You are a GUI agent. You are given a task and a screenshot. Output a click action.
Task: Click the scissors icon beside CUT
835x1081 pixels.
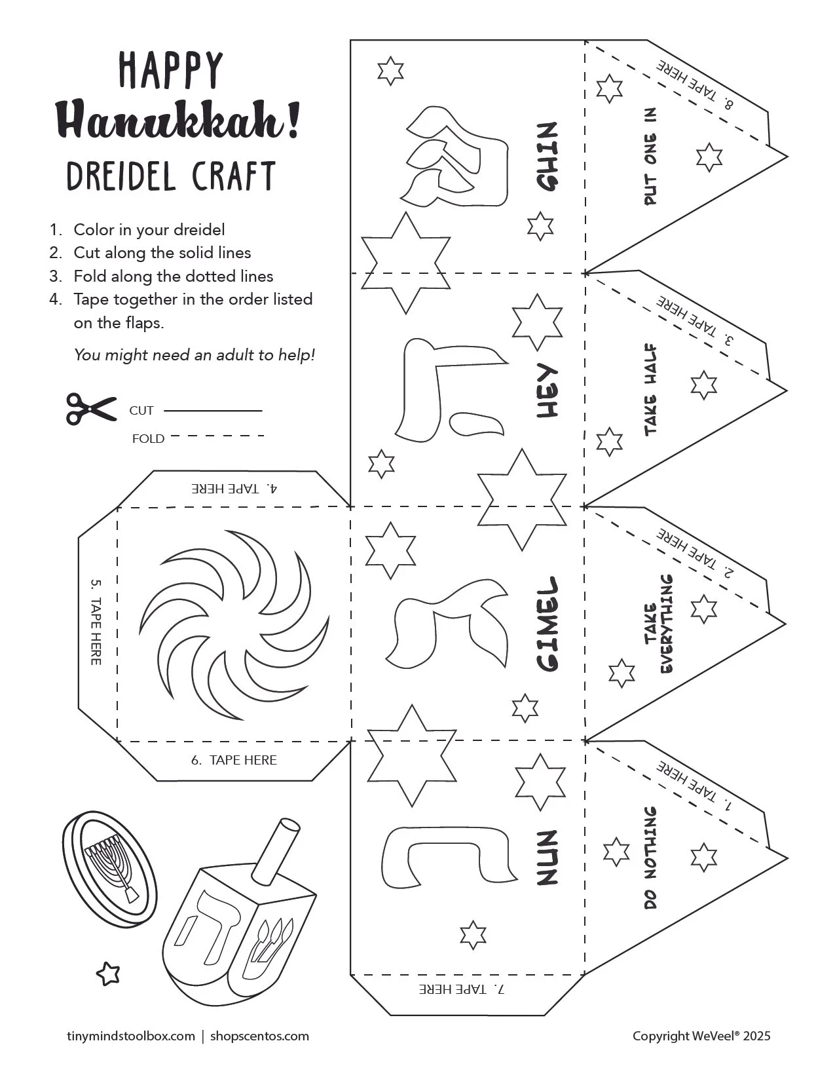[x=90, y=409]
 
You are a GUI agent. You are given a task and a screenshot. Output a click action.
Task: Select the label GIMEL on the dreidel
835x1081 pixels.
[x=547, y=624]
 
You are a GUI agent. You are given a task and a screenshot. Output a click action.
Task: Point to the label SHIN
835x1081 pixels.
[x=547, y=157]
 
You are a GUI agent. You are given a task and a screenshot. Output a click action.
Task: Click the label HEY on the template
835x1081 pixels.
[x=547, y=391]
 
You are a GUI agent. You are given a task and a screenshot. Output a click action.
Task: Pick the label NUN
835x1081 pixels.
[x=547, y=858]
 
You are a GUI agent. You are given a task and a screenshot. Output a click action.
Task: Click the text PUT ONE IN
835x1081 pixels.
[x=650, y=157]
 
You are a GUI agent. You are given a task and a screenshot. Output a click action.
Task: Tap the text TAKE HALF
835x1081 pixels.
[x=650, y=390]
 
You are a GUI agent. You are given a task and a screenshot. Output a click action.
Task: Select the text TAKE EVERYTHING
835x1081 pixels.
[x=658, y=624]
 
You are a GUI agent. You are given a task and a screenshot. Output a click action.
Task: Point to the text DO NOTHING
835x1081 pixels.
[x=650, y=858]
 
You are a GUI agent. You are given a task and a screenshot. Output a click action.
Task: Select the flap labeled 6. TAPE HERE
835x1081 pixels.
[x=234, y=760]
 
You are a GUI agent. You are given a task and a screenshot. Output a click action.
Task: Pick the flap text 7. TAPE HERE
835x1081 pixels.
[x=463, y=989]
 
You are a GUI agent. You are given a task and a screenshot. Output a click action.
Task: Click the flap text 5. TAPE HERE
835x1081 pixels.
[x=96, y=622]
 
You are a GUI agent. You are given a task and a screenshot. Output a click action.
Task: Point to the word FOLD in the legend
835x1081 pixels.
[x=148, y=438]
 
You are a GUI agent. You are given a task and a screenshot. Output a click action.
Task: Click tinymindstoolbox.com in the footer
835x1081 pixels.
[x=131, y=1036]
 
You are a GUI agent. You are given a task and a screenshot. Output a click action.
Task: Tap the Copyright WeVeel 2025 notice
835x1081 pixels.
[x=701, y=1036]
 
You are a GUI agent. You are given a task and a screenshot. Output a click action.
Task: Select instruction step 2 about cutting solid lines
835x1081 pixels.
[x=162, y=253]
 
